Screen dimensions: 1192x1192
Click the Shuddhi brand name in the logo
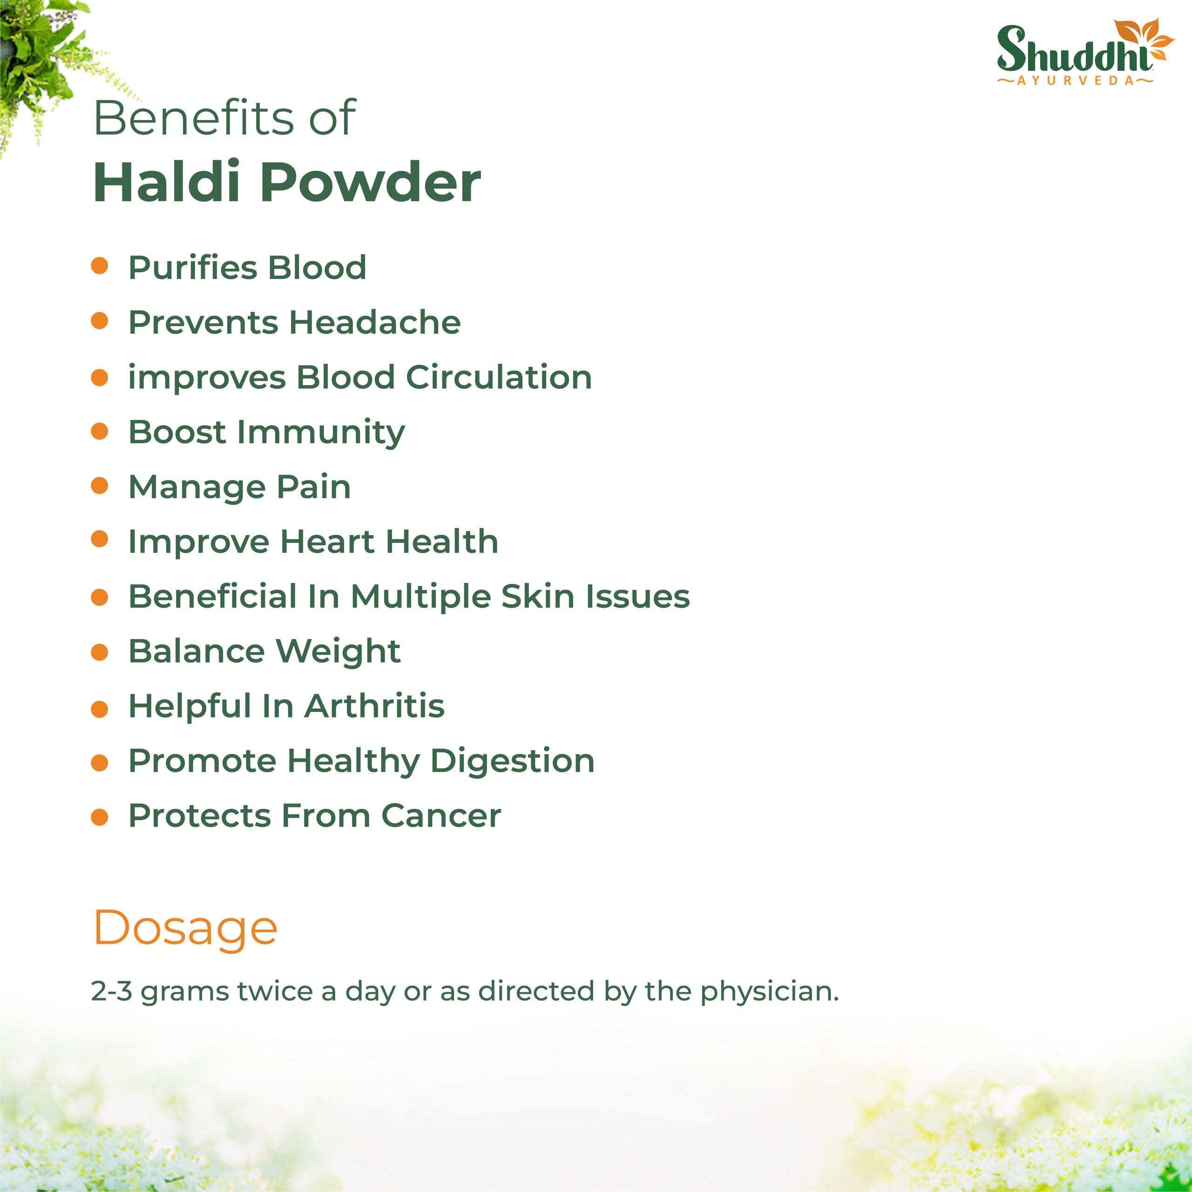click(1074, 49)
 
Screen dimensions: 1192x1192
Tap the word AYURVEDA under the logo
click(1076, 81)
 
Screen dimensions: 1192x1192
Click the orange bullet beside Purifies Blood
click(99, 266)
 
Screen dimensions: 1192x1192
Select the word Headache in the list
click(375, 322)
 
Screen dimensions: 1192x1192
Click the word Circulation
click(499, 377)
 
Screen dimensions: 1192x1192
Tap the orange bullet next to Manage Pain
click(99, 486)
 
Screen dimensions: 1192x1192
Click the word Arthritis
click(374, 706)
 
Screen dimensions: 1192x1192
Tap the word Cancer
click(441, 816)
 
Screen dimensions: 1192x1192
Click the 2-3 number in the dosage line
click(112, 991)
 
